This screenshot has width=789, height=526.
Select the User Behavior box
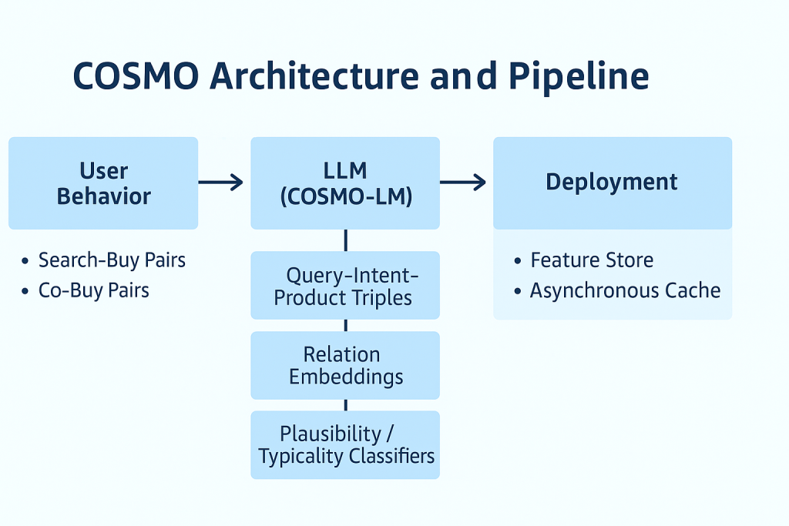[x=103, y=183]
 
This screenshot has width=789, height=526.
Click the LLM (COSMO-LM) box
[x=344, y=183]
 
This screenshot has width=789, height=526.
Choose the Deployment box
[x=612, y=183]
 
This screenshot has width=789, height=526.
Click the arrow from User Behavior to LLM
[x=220, y=183]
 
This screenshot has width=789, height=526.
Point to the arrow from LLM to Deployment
[x=463, y=183]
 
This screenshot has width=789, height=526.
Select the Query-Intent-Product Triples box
[x=344, y=286]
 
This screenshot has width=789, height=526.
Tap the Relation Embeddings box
[x=344, y=365]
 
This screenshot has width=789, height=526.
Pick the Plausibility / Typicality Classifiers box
[x=344, y=444]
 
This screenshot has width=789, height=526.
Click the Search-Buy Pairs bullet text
[x=112, y=260]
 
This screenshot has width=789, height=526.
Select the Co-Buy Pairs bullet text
[x=94, y=290]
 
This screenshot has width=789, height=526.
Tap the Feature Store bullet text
[x=592, y=260]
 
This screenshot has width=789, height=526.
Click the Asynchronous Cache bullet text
[x=625, y=290]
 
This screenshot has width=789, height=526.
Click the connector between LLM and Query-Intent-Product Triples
[x=345, y=240]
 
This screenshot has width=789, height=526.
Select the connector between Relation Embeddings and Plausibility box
[x=345, y=405]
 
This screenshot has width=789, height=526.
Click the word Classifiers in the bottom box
[x=391, y=456]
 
